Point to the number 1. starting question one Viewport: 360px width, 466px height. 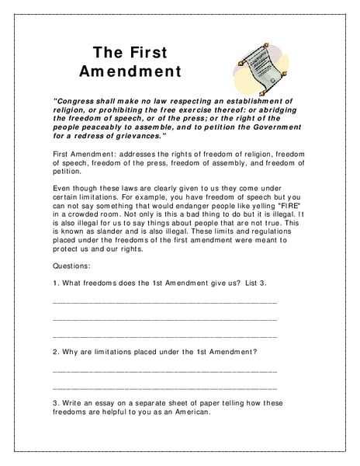click(x=56, y=283)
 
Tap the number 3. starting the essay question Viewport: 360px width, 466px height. click(x=56, y=404)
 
